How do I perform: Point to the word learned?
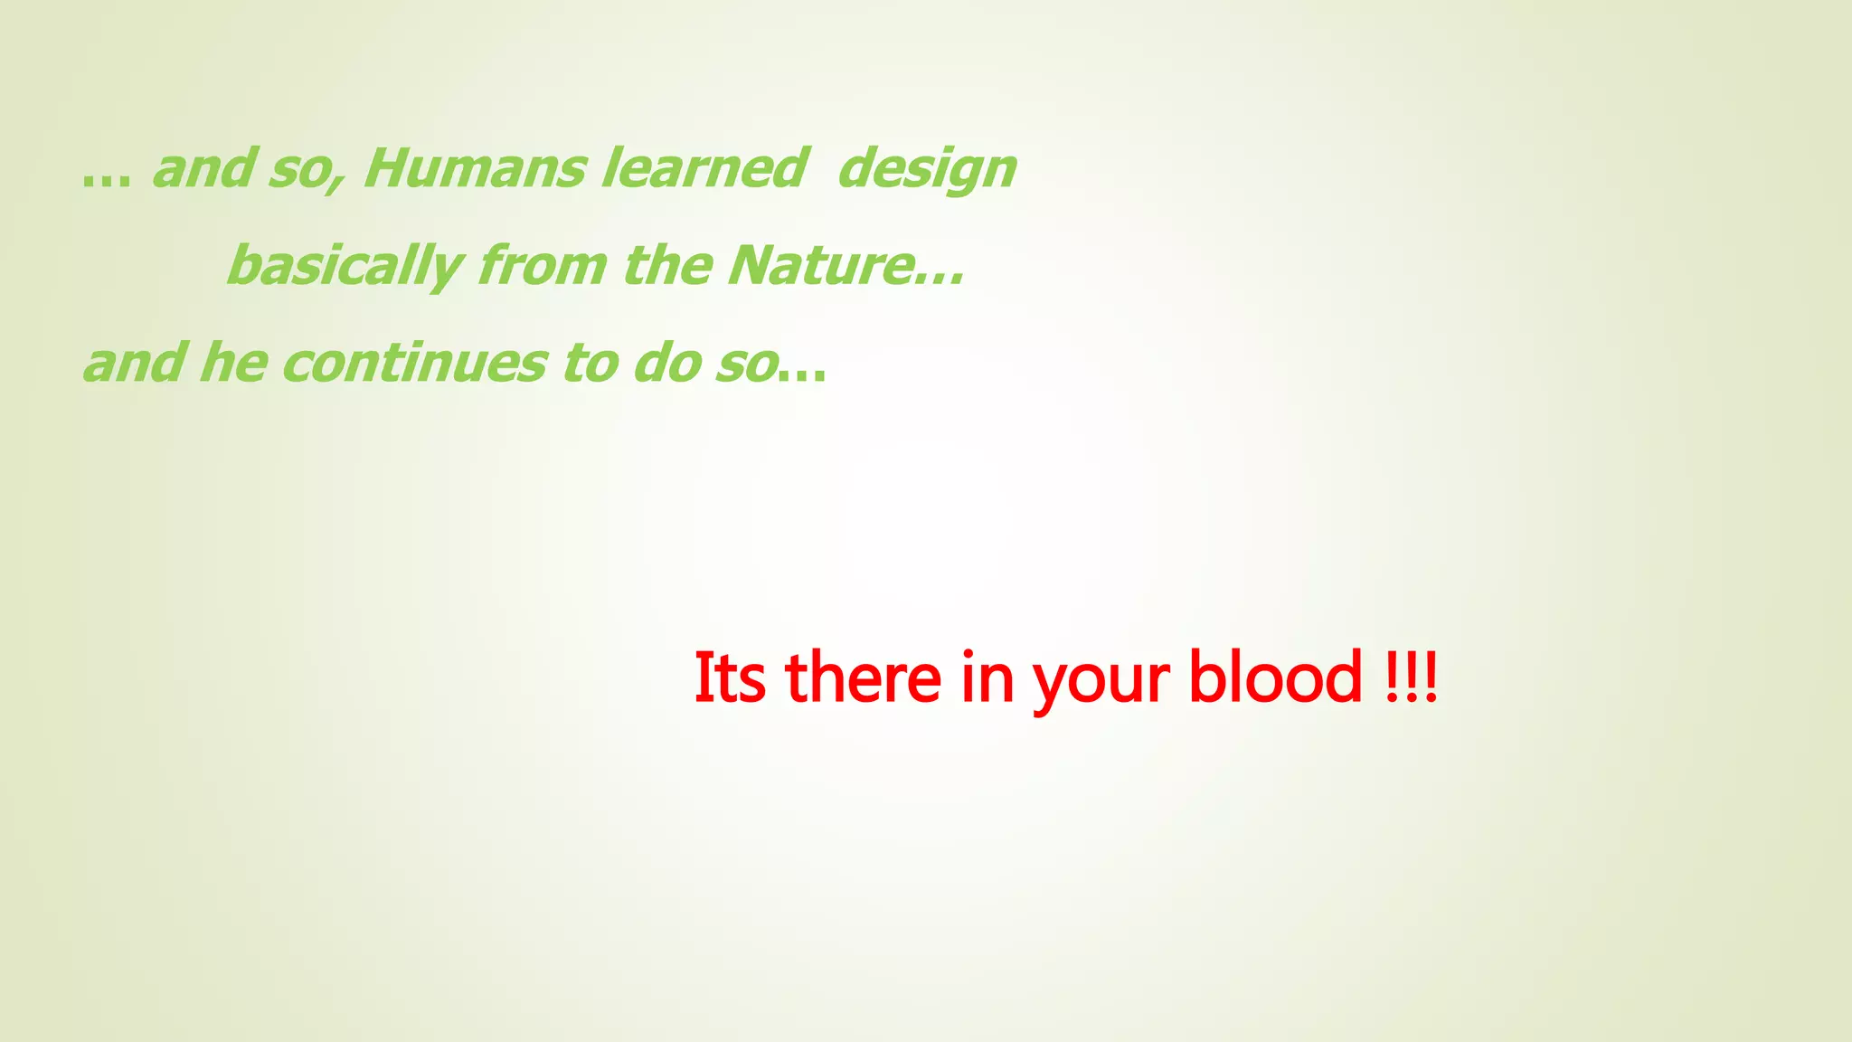coord(703,169)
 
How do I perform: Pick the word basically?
coord(345,268)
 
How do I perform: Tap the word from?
coord(543,266)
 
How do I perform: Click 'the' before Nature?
coord(667,266)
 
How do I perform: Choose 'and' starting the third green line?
coord(133,364)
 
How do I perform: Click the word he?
coord(233,364)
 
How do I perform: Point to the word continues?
coord(414,364)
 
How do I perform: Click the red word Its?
coord(730,677)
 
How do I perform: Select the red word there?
coord(864,677)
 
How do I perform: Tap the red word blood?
coord(1275,677)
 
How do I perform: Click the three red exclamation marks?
coord(1411,677)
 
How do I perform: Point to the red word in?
coord(987,677)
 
